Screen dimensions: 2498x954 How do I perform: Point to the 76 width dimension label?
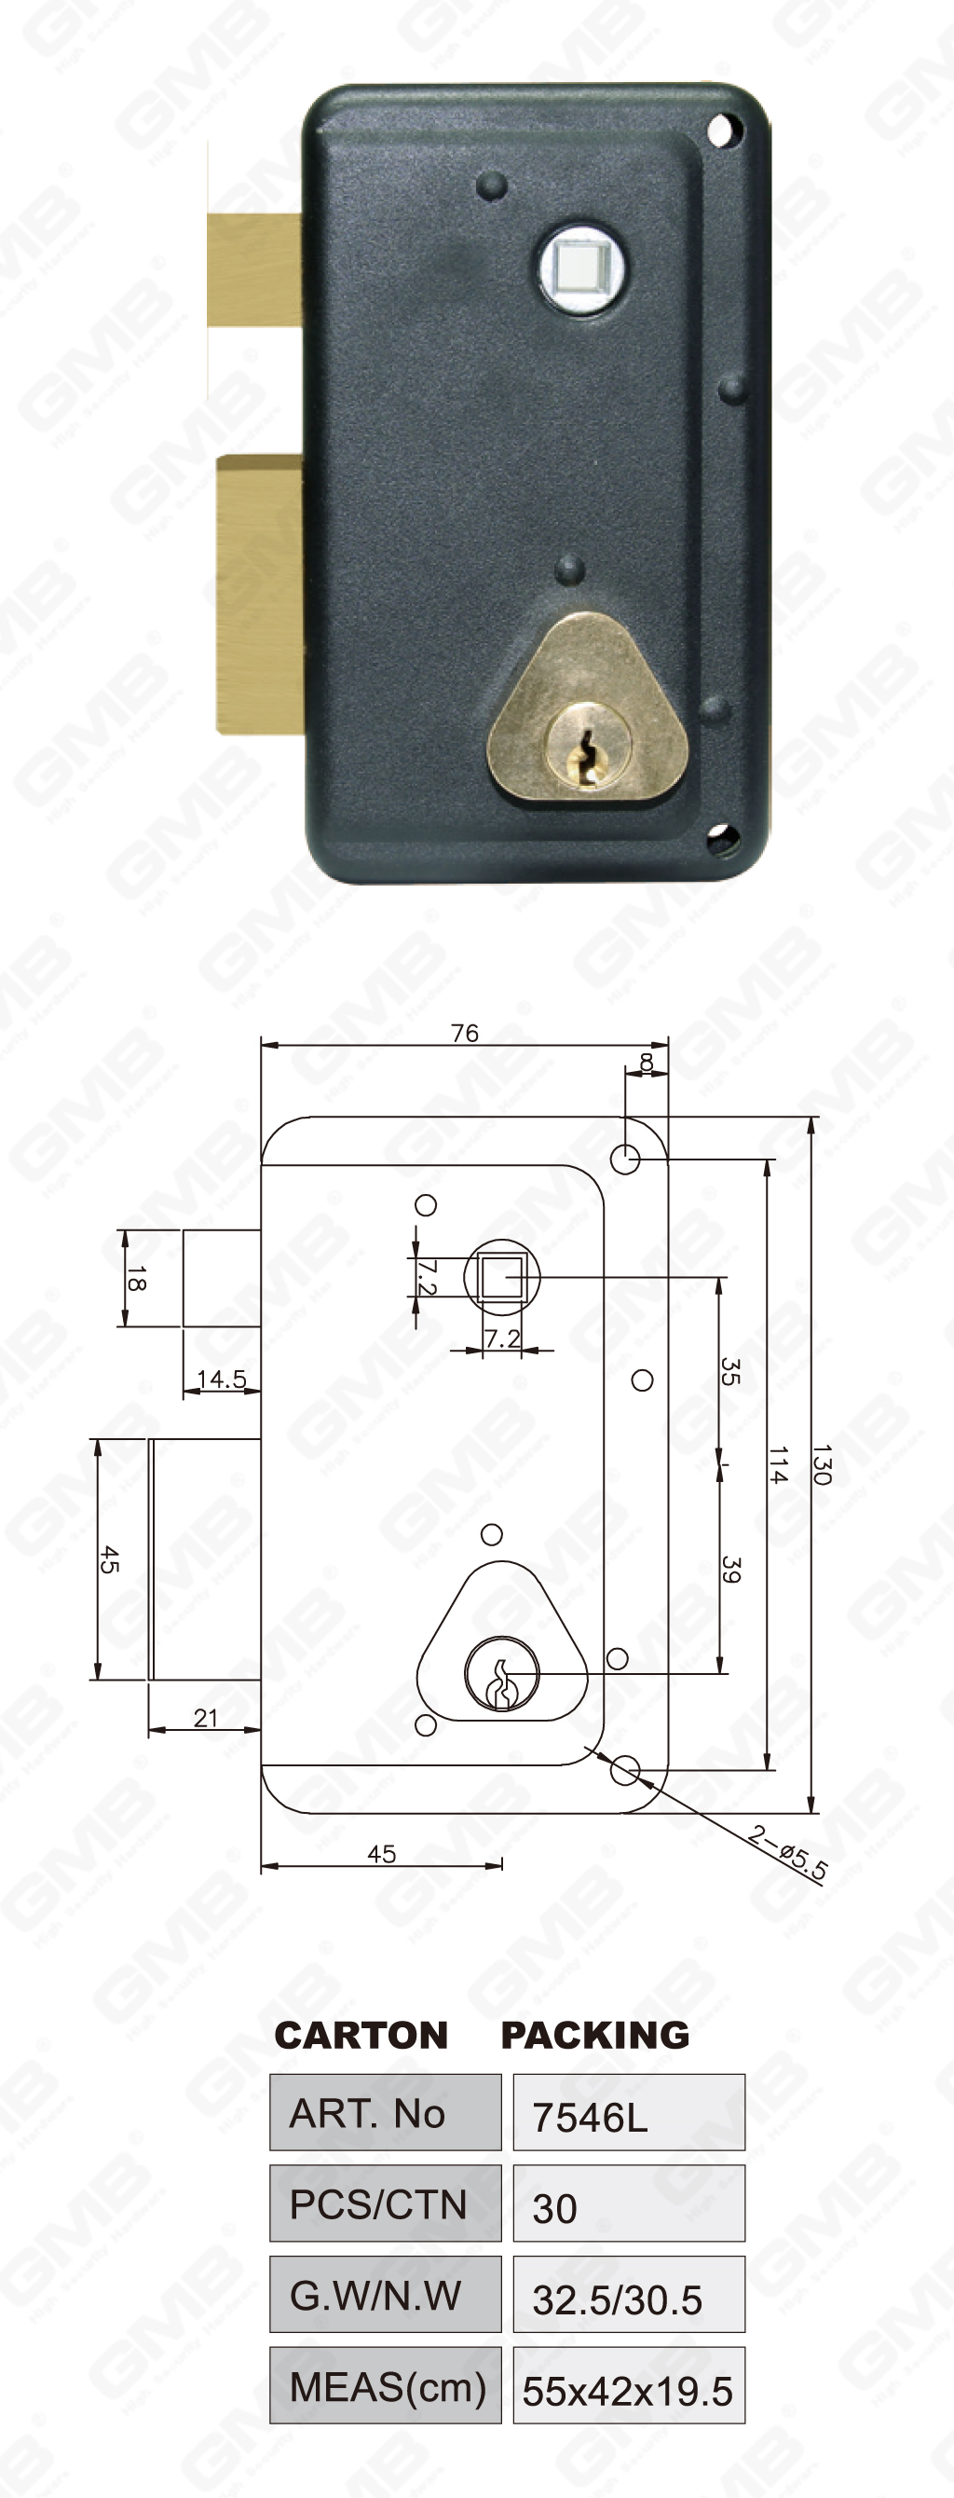(x=464, y=1033)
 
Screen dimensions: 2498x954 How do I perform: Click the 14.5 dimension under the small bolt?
(x=221, y=1379)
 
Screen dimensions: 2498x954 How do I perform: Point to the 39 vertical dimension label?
(x=731, y=1571)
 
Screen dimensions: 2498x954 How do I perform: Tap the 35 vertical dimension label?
(x=730, y=1372)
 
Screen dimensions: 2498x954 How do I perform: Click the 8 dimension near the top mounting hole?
(x=647, y=1063)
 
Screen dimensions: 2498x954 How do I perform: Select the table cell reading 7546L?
(x=628, y=2116)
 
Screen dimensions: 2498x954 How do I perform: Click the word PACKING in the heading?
(x=594, y=2034)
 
